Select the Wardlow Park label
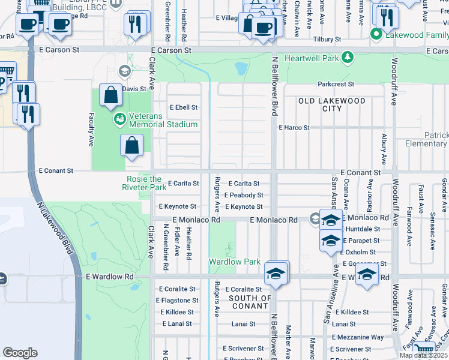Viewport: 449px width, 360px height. point(235,262)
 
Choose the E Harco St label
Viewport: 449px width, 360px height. point(294,128)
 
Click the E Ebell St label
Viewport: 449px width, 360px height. point(184,107)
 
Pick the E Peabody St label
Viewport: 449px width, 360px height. point(244,195)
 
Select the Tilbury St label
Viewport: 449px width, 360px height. point(327,39)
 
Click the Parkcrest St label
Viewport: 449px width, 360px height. point(336,84)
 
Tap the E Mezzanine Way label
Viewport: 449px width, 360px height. point(357,338)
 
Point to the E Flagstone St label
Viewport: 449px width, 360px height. point(177,301)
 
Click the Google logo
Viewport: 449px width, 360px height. point(20,353)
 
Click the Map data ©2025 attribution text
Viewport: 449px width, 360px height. point(423,355)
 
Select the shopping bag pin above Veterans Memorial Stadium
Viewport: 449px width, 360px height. point(111,95)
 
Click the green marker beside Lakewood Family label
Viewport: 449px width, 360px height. point(376,34)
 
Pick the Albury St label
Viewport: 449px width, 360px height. point(384,149)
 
